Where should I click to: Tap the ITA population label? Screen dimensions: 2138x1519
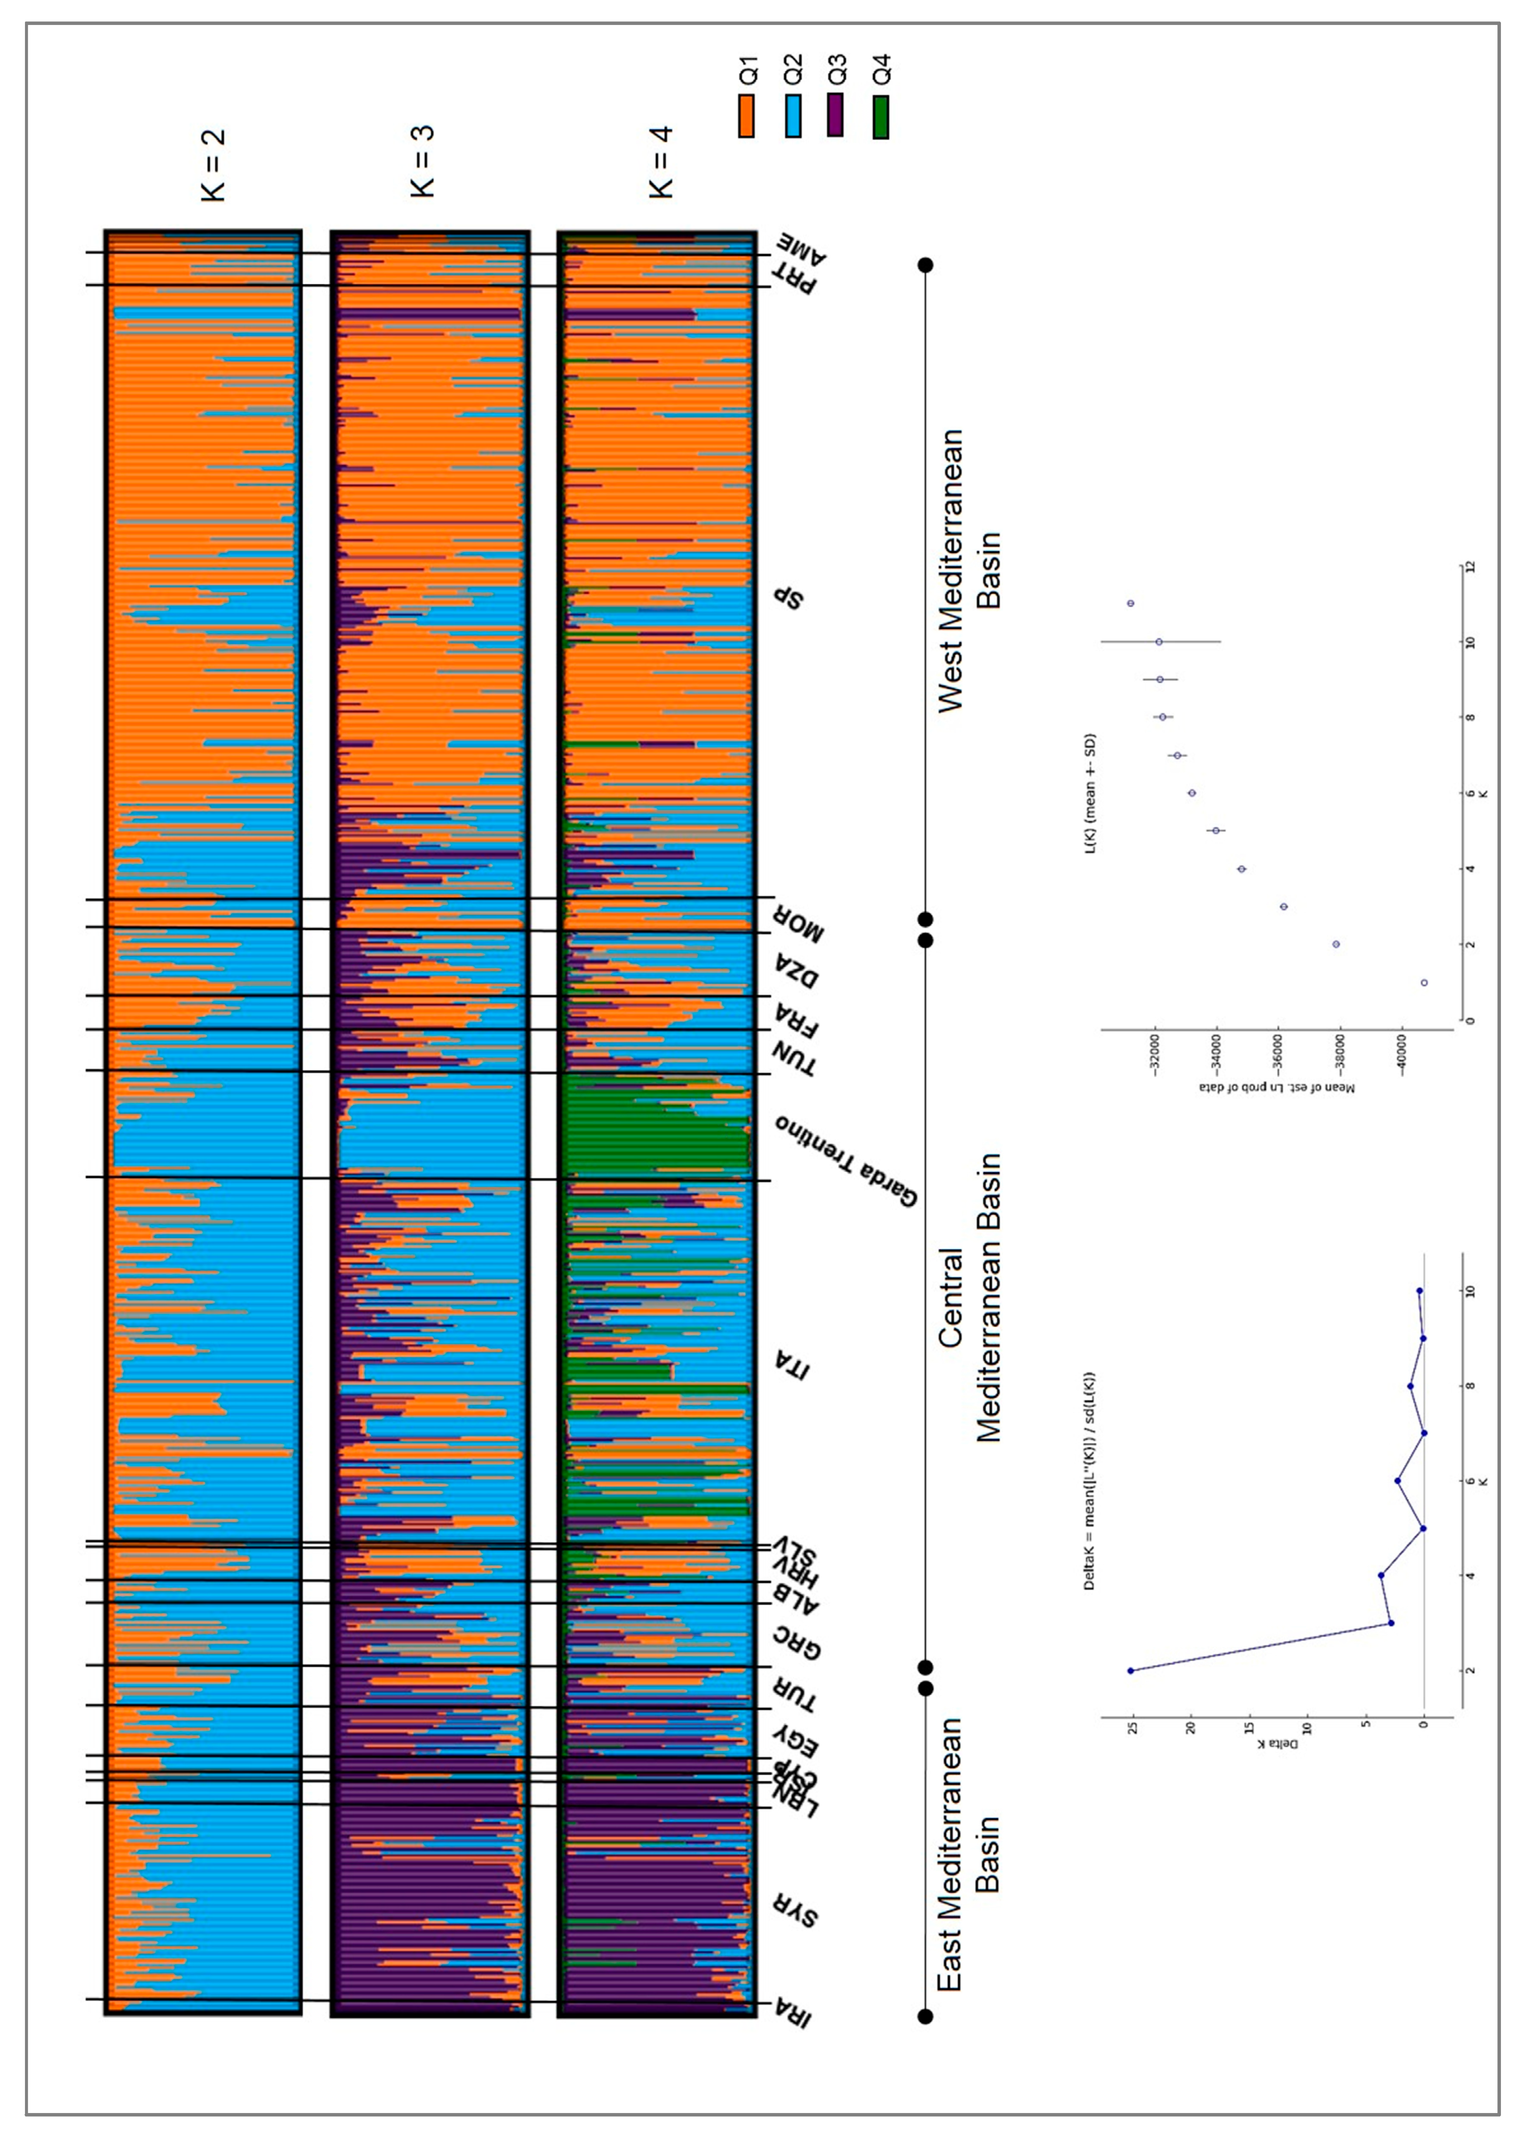tap(792, 1366)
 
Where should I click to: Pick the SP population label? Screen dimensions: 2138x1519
tap(789, 598)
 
